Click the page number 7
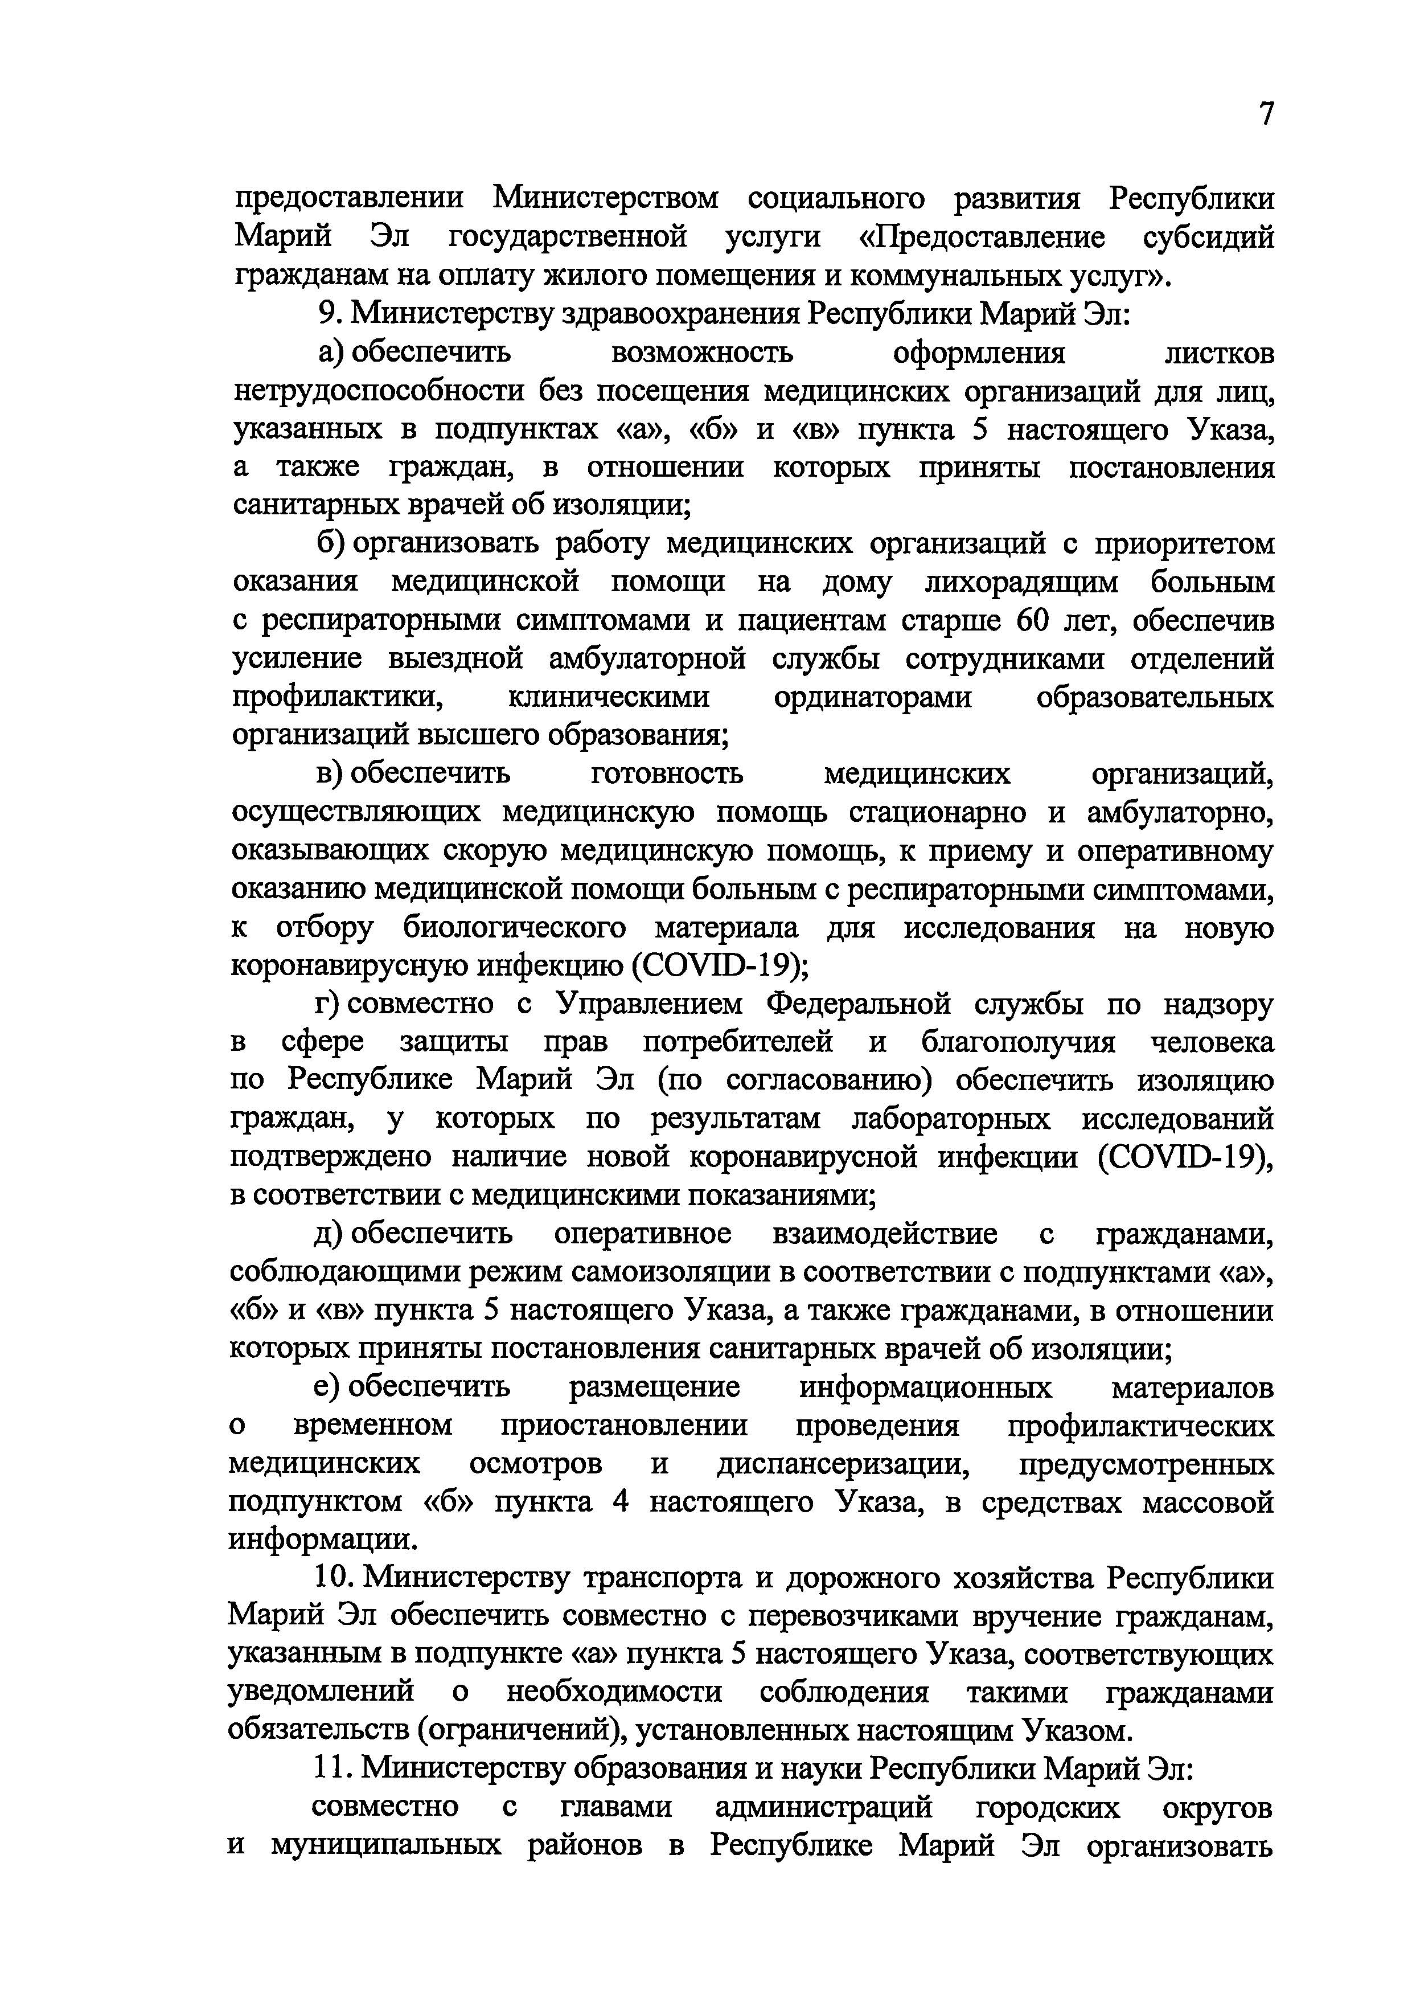coord(1266,114)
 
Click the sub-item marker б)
coord(331,544)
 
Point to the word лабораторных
coord(951,1119)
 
